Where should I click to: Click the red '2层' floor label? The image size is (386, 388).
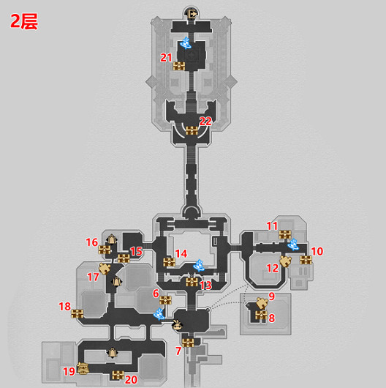pos(24,21)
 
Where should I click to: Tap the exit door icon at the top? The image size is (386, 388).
pos(192,14)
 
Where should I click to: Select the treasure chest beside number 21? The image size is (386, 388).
pos(179,66)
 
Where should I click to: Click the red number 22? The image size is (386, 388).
pos(205,122)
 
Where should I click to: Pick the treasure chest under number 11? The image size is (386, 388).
pos(285,234)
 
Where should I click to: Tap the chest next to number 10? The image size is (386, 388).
pos(306,260)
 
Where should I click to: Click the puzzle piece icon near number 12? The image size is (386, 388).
pos(285,261)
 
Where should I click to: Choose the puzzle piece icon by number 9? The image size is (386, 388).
pos(262,303)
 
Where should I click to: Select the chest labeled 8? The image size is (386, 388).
pos(261,316)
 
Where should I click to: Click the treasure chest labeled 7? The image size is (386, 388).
pos(188,343)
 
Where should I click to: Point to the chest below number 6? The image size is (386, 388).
pos(165,300)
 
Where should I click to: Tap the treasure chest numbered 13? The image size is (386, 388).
pos(192,282)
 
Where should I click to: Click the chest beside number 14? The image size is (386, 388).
pos(170,262)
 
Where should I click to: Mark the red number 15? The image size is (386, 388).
pos(136,251)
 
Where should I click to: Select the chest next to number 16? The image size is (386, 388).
pos(105,250)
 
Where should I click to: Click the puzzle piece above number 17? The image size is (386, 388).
pos(105,269)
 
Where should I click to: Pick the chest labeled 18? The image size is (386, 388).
pos(77,313)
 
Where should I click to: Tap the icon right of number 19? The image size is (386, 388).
pos(83,368)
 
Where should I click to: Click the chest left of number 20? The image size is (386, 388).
pos(118,375)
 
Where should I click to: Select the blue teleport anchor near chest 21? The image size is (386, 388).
pos(186,43)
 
